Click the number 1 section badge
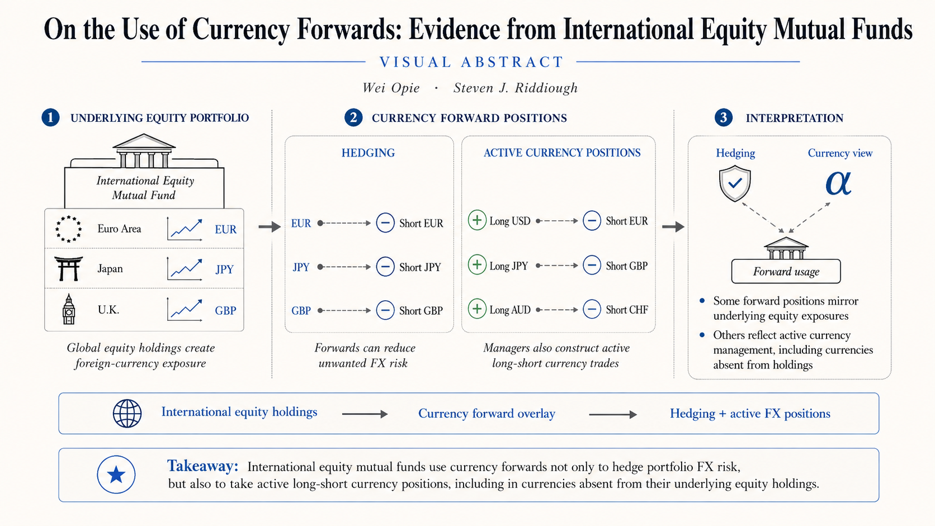(50, 117)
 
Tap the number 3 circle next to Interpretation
(724, 117)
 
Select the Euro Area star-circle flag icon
(68, 229)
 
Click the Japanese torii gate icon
(68, 269)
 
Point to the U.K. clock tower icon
(69, 309)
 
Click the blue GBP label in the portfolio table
(225, 310)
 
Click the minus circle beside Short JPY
(385, 267)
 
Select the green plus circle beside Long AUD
(477, 309)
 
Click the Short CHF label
(627, 310)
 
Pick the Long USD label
(509, 221)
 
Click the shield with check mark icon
(735, 183)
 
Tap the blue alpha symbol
(838, 183)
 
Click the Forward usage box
(786, 272)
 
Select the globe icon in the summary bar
(127, 414)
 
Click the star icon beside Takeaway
(116, 475)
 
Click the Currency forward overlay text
(487, 414)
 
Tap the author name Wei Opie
(391, 88)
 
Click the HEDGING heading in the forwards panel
(368, 153)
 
